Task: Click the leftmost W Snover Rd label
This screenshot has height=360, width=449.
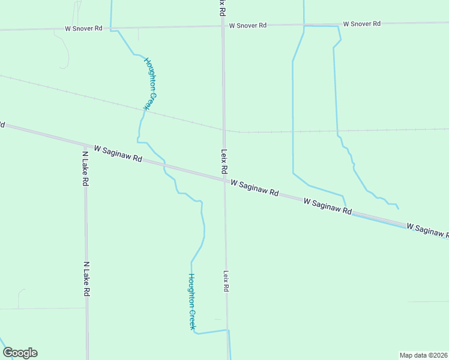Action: coord(85,28)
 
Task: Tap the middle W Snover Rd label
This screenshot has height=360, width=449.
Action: coord(247,25)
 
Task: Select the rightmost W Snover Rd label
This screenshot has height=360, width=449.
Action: coord(362,23)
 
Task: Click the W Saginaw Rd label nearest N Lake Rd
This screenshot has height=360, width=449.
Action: coord(118,154)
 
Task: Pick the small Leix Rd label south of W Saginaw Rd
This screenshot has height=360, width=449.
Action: coord(226,281)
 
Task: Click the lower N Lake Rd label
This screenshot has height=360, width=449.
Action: coord(86,278)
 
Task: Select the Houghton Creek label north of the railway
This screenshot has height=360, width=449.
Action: coord(151,83)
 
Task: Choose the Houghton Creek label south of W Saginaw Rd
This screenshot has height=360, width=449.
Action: coord(192,301)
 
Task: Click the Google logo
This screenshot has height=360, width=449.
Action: coord(20,353)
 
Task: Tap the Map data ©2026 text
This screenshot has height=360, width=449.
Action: coord(423,355)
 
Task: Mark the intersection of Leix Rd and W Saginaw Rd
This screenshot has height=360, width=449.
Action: coord(225,179)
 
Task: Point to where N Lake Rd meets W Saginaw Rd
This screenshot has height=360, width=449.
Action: coord(85,145)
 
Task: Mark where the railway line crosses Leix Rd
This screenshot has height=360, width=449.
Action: coord(223,129)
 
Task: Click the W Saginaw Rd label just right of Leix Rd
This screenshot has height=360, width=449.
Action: coord(255,187)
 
